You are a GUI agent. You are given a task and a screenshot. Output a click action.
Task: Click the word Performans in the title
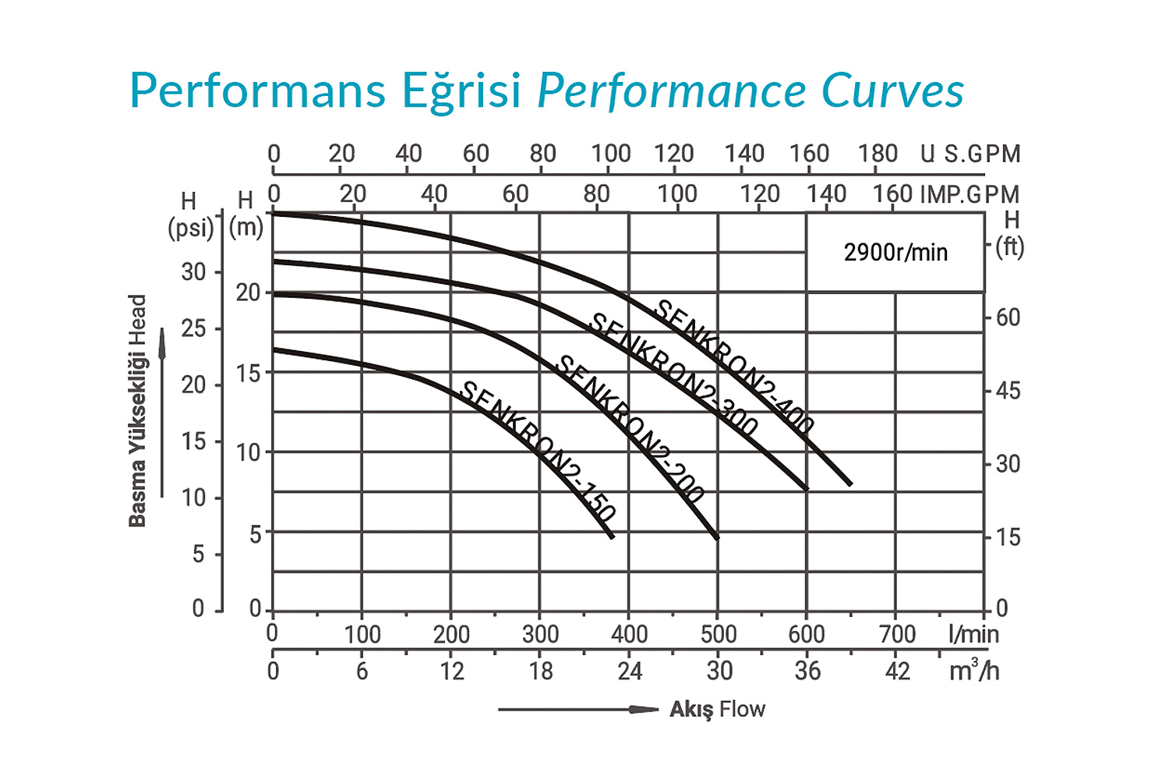[258, 91]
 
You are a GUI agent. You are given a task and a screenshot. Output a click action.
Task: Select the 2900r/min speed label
[895, 253]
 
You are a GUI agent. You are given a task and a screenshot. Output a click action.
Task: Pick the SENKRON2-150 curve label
[539, 451]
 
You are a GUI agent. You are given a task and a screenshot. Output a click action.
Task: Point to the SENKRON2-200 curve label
[631, 428]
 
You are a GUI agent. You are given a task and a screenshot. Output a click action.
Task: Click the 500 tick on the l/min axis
[719, 634]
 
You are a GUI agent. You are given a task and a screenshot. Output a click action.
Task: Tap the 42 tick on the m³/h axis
[897, 671]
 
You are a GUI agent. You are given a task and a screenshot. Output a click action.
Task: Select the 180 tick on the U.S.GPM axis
[878, 154]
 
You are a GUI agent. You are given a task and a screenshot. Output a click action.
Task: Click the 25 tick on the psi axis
[194, 328]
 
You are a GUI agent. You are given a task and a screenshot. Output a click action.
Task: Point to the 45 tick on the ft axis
[1008, 391]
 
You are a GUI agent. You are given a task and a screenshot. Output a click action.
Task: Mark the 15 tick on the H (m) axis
[249, 373]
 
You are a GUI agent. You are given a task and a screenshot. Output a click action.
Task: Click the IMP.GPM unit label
[969, 194]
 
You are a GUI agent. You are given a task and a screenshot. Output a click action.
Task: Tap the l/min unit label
[973, 633]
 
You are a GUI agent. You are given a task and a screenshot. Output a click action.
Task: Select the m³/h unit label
[973, 670]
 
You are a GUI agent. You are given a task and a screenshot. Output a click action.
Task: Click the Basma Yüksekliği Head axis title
[137, 410]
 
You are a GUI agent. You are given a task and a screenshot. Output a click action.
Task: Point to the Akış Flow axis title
[717, 709]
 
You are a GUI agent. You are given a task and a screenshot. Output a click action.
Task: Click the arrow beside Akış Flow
[578, 709]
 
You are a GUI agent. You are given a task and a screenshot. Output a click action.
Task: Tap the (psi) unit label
[190, 228]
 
